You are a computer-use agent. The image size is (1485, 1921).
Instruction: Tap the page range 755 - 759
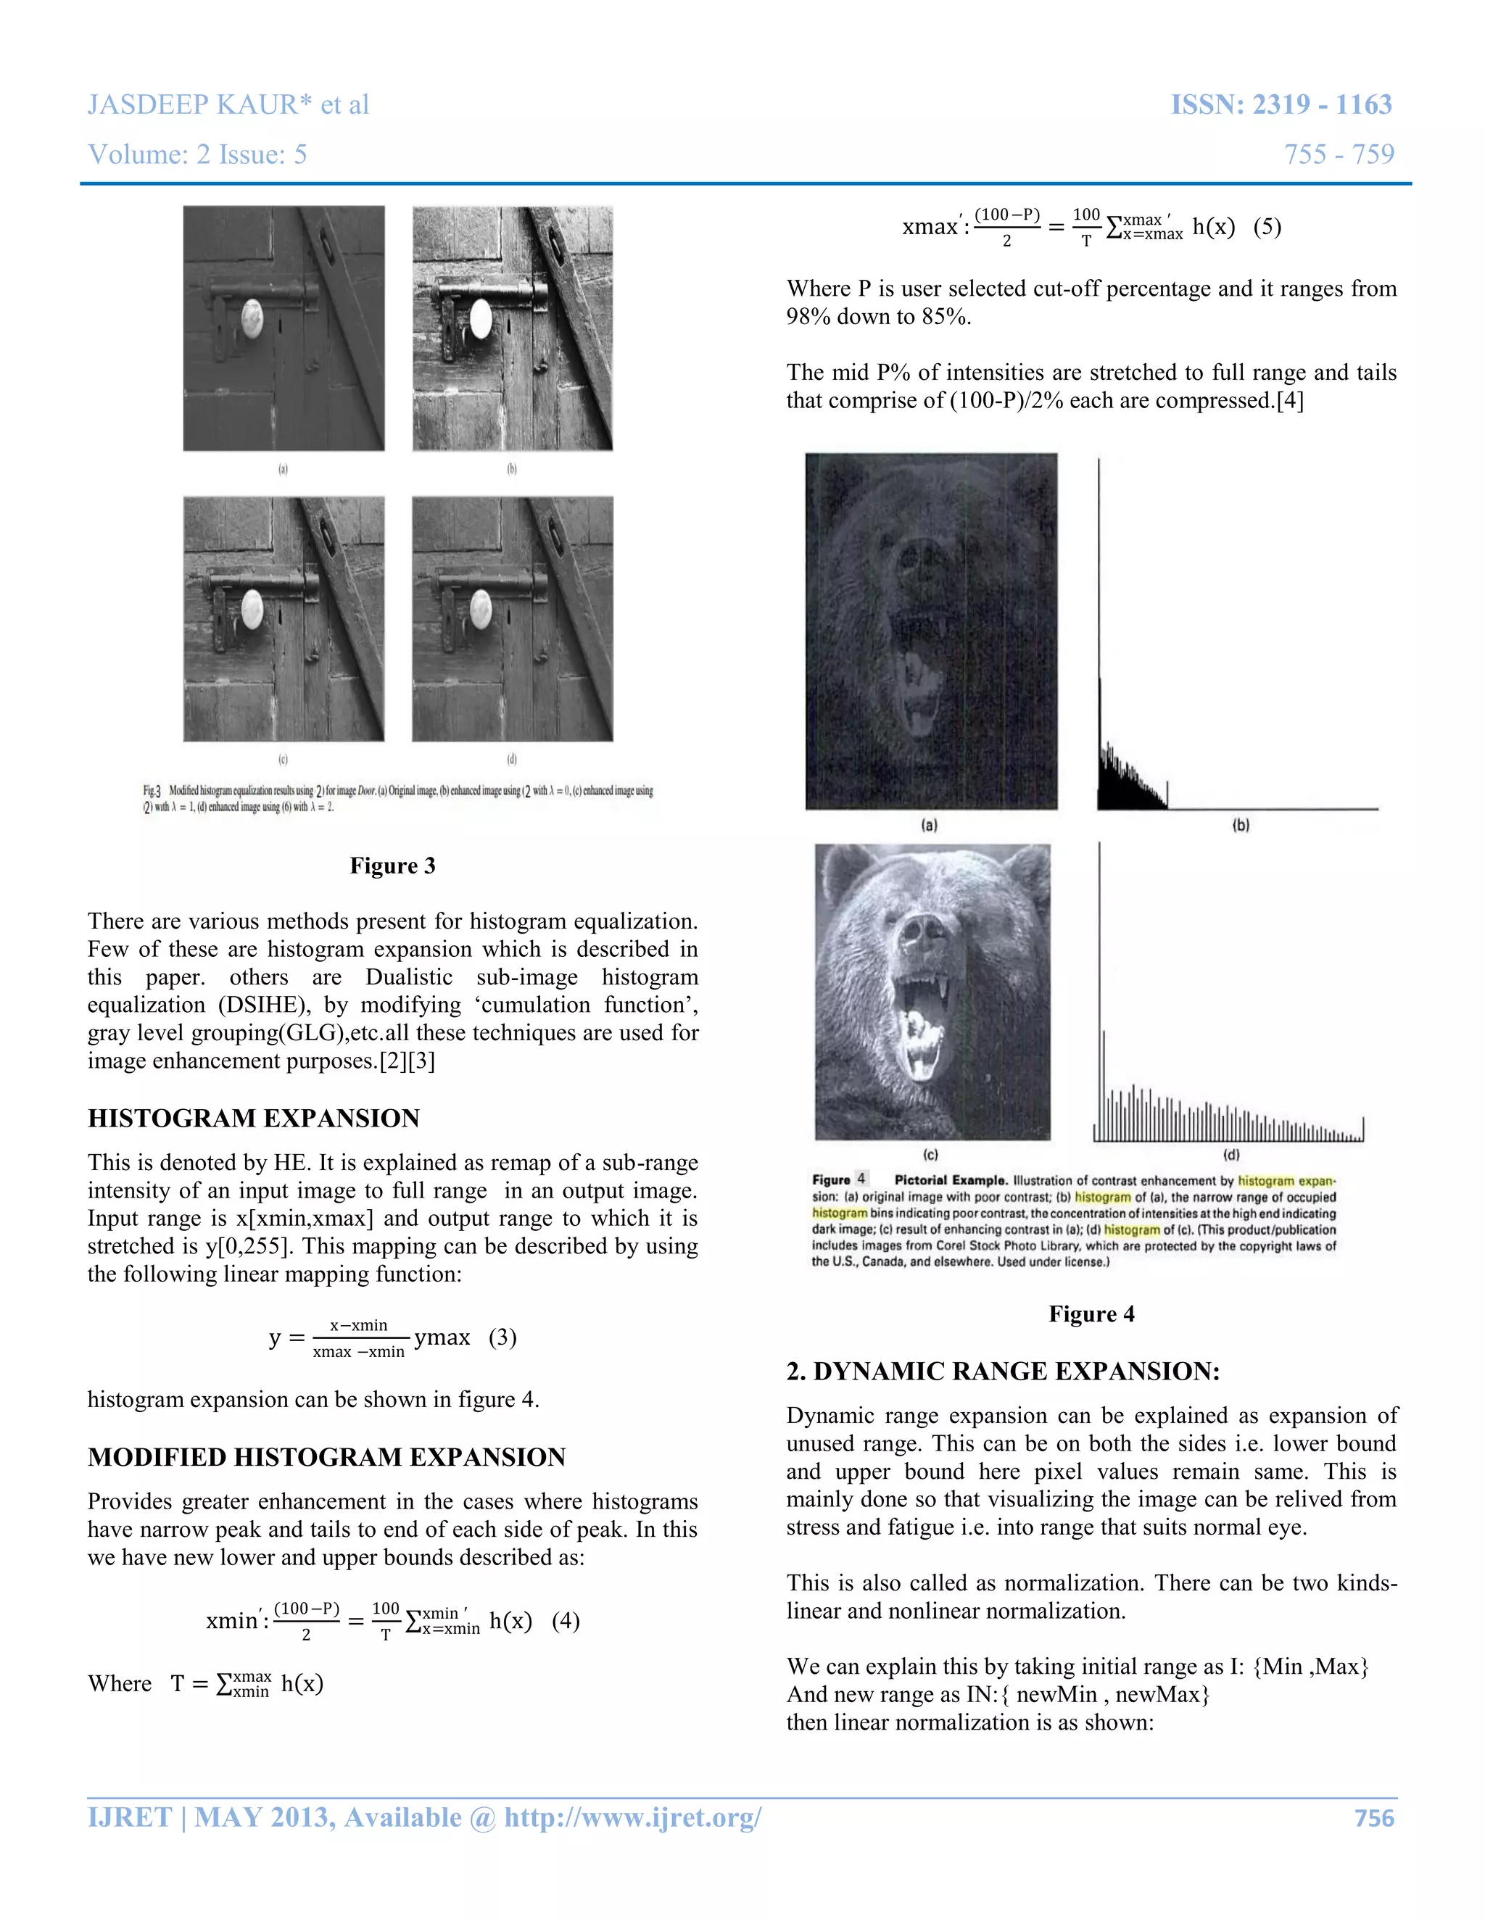(1338, 155)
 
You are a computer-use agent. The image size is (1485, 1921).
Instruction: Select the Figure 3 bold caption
(392, 866)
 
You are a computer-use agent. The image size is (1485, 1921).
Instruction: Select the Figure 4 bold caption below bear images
(1091, 1314)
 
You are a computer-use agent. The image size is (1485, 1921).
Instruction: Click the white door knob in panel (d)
(481, 607)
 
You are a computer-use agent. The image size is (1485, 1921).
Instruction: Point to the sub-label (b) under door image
(512, 469)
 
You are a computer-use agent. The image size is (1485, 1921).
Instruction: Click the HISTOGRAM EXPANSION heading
(253, 1119)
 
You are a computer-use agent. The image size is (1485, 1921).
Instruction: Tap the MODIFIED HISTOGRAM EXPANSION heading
(326, 1458)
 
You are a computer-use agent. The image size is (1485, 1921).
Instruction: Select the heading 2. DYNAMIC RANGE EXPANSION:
(1003, 1372)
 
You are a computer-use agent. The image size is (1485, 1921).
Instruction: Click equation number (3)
(502, 1338)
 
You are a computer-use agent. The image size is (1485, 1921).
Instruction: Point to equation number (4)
(566, 1621)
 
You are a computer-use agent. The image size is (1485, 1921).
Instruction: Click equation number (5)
(1267, 227)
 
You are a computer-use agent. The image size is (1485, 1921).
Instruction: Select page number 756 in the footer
(1374, 1818)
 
